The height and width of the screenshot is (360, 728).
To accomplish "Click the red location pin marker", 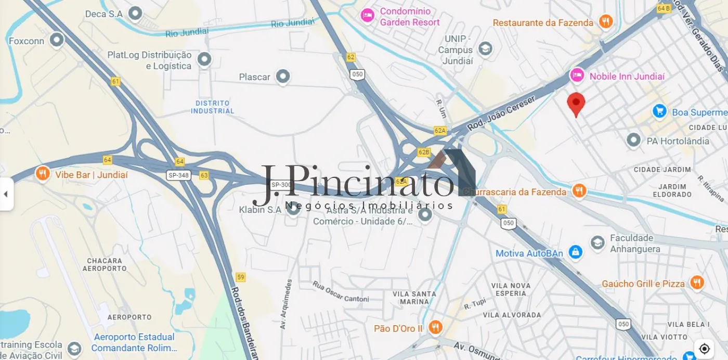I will pyautogui.click(x=576, y=104).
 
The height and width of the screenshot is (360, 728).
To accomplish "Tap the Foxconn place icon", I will pyautogui.click(x=56, y=40).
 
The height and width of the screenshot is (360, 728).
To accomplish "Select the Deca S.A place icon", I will pyautogui.click(x=135, y=14).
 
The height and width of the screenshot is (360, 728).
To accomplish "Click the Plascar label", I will pyautogui.click(x=255, y=77).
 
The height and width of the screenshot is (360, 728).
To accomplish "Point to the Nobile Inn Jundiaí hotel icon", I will pyautogui.click(x=577, y=75).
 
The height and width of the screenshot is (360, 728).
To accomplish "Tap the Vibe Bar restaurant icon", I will pyautogui.click(x=43, y=174).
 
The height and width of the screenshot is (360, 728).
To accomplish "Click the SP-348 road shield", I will pyautogui.click(x=178, y=175).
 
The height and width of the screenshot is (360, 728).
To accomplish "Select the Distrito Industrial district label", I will pyautogui.click(x=212, y=107).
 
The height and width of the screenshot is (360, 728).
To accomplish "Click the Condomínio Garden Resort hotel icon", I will pyautogui.click(x=368, y=15).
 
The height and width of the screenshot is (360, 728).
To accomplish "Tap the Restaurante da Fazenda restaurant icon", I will pyautogui.click(x=605, y=22).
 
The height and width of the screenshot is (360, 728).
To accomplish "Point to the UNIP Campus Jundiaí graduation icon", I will pyautogui.click(x=485, y=49).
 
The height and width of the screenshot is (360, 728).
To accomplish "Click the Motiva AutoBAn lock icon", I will pyautogui.click(x=575, y=253).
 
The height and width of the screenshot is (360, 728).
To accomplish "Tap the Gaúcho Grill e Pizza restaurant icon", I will pyautogui.click(x=697, y=282).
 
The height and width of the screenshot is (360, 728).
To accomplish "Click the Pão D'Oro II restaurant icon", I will pyautogui.click(x=435, y=328).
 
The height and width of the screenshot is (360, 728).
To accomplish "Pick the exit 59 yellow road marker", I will pyautogui.click(x=240, y=277).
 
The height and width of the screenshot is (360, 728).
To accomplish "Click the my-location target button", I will pyautogui.click(x=705, y=348).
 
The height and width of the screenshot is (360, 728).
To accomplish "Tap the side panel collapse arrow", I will pyautogui.click(x=6, y=194).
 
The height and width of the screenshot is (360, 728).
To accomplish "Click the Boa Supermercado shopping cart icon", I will pyautogui.click(x=660, y=111).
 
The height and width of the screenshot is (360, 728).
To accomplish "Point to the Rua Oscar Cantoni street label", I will pyautogui.click(x=341, y=291).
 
